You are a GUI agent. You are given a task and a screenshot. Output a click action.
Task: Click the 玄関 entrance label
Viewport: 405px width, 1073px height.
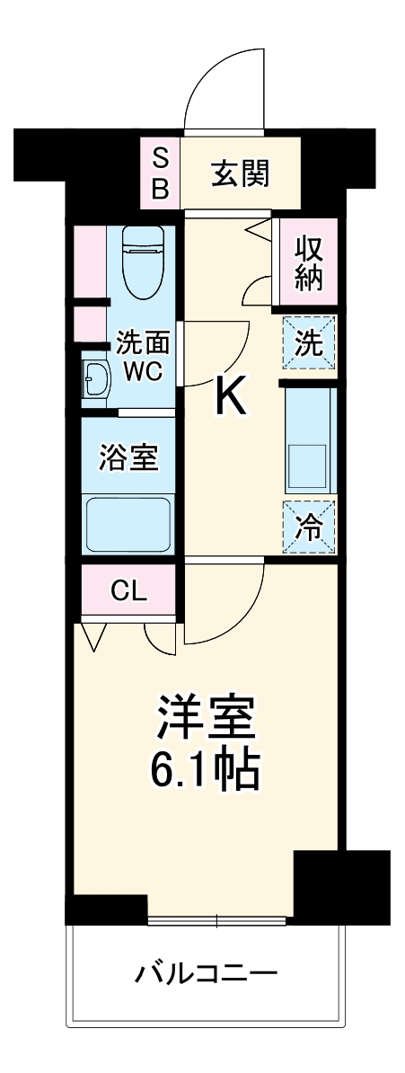click(x=240, y=173)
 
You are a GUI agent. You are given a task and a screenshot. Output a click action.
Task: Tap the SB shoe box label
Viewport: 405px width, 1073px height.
click(x=160, y=173)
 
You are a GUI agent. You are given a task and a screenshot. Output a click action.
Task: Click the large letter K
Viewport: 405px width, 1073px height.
click(x=229, y=396)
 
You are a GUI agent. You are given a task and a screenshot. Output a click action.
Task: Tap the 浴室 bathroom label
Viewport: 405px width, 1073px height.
click(x=128, y=457)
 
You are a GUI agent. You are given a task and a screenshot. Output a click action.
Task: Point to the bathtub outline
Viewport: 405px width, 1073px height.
click(x=128, y=526)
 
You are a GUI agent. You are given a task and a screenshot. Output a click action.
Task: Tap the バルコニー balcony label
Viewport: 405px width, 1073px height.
click(x=207, y=973)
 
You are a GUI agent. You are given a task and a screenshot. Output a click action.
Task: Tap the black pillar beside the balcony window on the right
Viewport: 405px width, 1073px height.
click(x=341, y=886)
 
